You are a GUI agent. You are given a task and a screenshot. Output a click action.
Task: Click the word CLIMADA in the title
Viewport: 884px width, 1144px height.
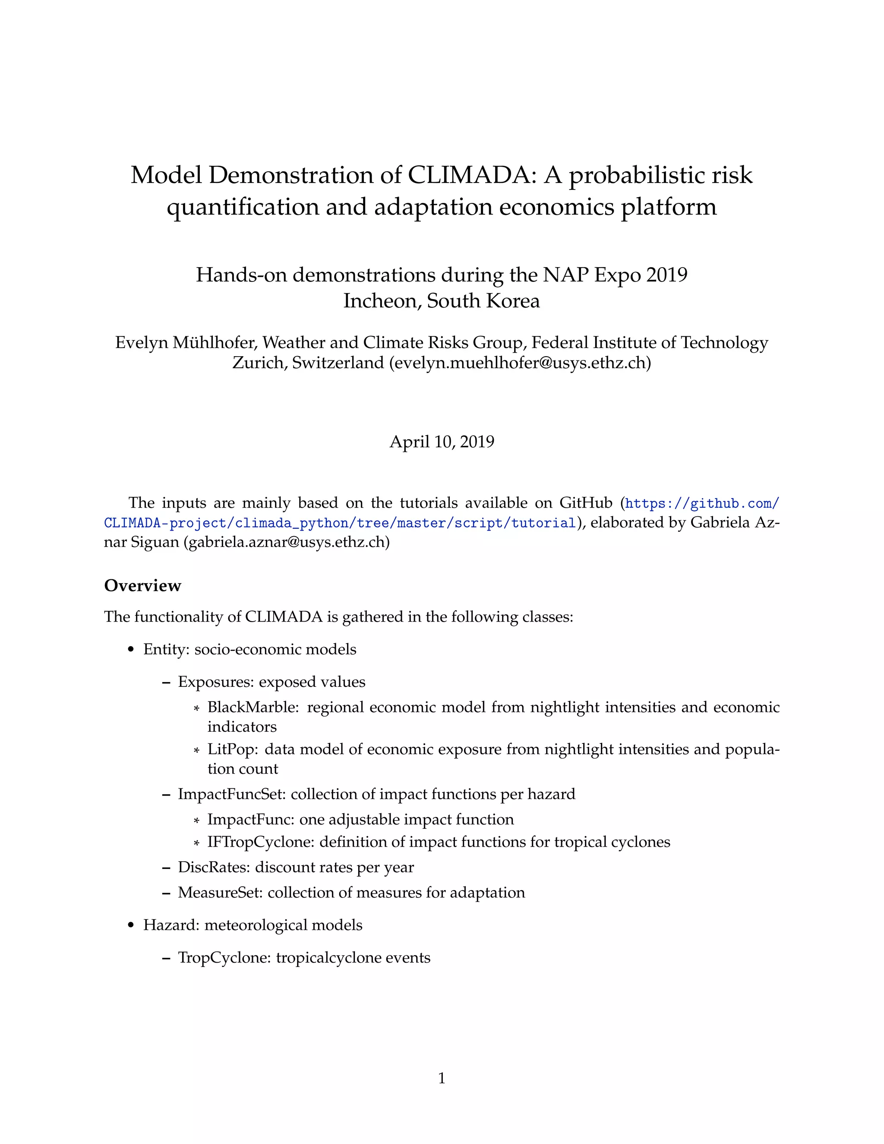468,175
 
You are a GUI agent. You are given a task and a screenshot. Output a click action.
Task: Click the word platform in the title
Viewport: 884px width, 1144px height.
669,206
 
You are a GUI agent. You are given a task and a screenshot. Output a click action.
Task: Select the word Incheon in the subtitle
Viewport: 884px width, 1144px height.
381,300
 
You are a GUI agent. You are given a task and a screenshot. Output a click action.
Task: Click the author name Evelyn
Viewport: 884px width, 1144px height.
142,343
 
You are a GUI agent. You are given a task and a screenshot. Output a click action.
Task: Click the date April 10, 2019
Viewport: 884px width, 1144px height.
442,442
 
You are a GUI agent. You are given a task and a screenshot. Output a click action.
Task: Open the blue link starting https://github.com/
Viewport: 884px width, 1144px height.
702,504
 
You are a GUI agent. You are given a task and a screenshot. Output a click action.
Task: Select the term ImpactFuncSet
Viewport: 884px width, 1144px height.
231,794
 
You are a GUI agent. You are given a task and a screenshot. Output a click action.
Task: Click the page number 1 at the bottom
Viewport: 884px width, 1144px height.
442,1078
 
